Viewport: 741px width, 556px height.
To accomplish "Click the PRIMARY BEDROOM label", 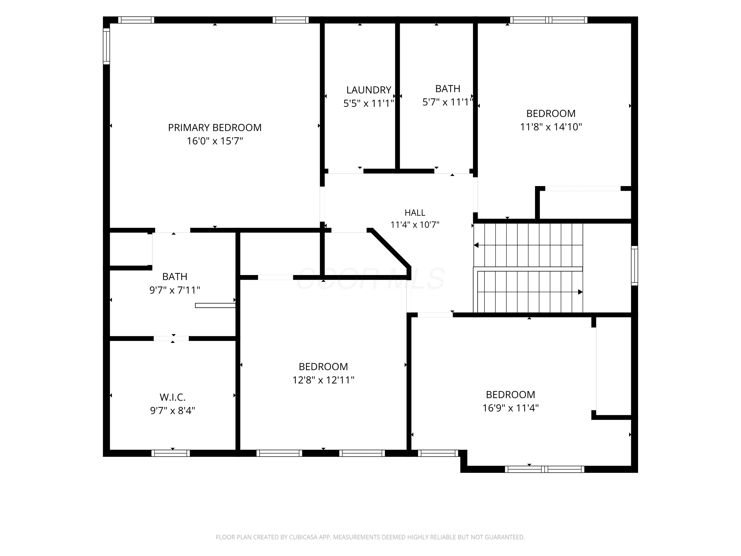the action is pyautogui.click(x=215, y=128).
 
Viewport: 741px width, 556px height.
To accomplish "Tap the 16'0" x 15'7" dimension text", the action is pyautogui.click(x=215, y=141).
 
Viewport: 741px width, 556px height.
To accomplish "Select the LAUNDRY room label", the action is pyautogui.click(x=369, y=90).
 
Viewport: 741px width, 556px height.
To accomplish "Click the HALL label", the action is pyautogui.click(x=415, y=213).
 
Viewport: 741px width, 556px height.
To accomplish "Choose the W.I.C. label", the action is pyautogui.click(x=172, y=397).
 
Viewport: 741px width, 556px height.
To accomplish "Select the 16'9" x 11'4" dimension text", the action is pyautogui.click(x=511, y=408).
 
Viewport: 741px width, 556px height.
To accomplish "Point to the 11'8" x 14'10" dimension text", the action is pyautogui.click(x=551, y=127).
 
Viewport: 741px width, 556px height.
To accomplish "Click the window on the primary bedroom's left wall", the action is pyautogui.click(x=106, y=46).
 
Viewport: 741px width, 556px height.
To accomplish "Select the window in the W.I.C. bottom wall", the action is pyautogui.click(x=170, y=453).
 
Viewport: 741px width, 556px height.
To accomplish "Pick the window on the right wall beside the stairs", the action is pyautogui.click(x=635, y=266).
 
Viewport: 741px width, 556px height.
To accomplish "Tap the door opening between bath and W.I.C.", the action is pyautogui.click(x=171, y=339).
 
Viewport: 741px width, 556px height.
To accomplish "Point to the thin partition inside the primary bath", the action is pyautogui.click(x=215, y=305).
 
